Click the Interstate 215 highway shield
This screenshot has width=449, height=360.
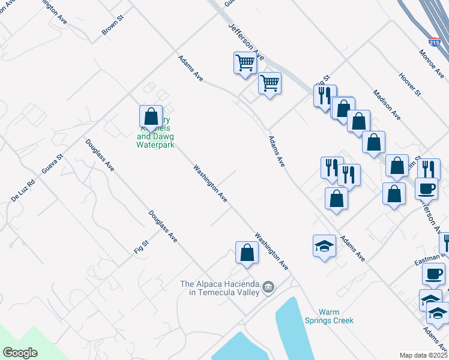tap(435, 42)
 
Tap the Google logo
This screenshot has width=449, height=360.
tap(20, 353)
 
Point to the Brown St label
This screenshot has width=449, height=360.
tap(112, 25)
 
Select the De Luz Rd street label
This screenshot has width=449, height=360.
tap(23, 190)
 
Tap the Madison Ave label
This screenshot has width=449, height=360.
tap(386, 104)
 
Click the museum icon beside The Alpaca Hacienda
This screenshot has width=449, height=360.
tap(268, 287)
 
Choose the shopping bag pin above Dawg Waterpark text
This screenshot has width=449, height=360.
tap(151, 117)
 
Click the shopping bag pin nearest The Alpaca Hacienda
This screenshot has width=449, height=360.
tap(247, 253)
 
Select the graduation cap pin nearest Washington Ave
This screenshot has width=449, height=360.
tap(324, 246)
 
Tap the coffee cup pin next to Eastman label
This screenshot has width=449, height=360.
tap(433, 275)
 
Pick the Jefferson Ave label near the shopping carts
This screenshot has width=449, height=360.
tap(246, 41)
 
